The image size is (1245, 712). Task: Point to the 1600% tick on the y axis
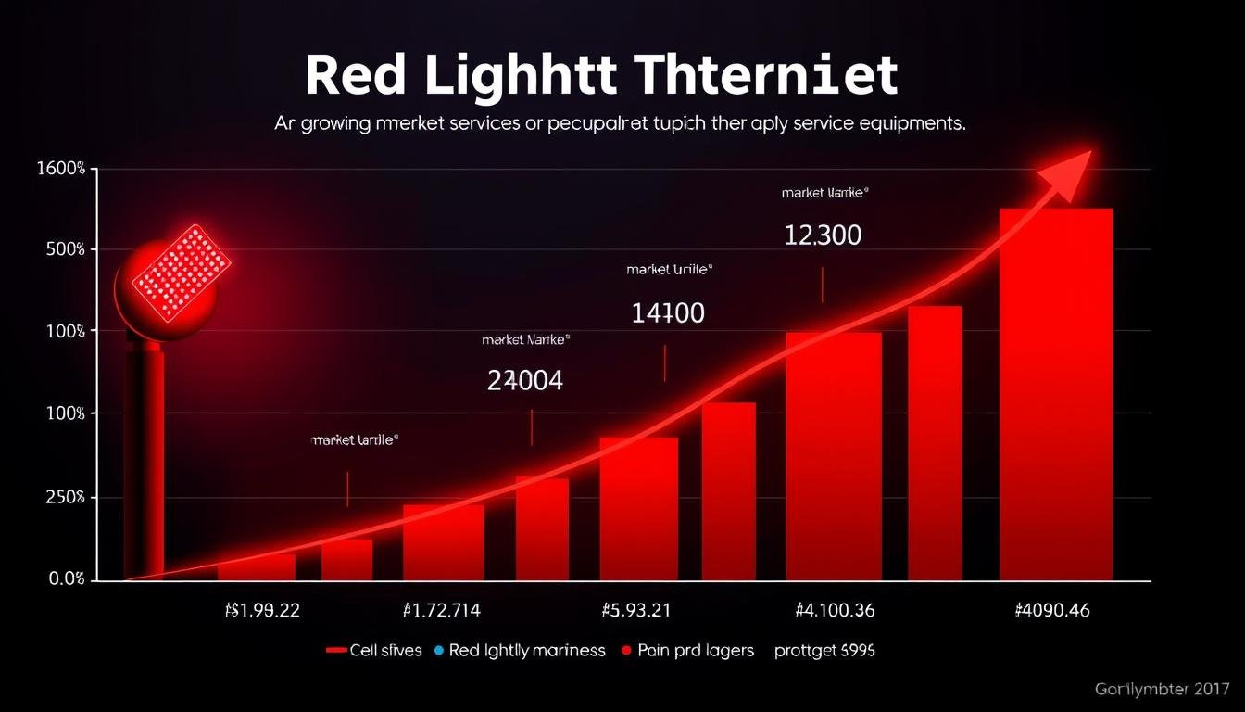click(x=62, y=170)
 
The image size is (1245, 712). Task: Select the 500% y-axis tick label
click(x=63, y=249)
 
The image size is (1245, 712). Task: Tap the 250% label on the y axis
click(x=63, y=498)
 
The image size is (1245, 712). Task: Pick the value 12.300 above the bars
click(x=823, y=235)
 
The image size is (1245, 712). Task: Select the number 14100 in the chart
click(x=667, y=313)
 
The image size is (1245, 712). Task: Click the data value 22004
click(x=524, y=380)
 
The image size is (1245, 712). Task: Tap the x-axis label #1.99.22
click(x=262, y=610)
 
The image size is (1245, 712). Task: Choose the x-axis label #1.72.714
click(x=442, y=610)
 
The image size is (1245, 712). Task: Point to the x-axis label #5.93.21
click(x=636, y=610)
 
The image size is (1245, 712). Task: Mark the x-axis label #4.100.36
click(x=835, y=610)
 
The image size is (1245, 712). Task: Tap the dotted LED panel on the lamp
click(x=181, y=272)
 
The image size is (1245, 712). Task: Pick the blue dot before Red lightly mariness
click(x=440, y=651)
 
